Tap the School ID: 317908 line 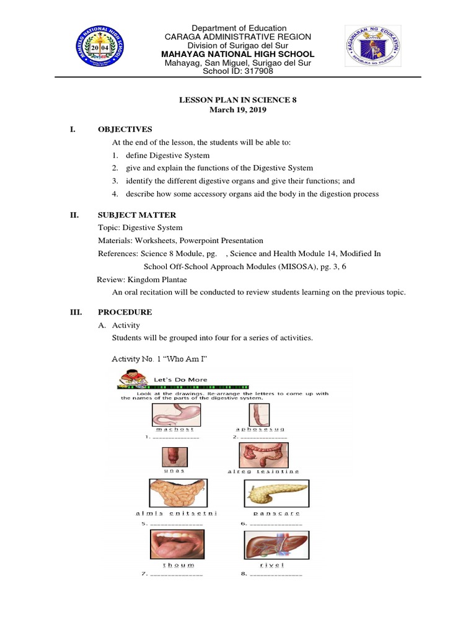coord(238,71)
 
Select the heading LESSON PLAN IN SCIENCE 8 coord(239,99)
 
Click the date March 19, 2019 coord(239,109)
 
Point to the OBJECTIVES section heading coord(125,130)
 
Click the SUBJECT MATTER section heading coord(137,215)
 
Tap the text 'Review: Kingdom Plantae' coord(138,280)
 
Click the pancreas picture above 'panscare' coord(268,493)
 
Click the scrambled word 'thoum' coord(178,565)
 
